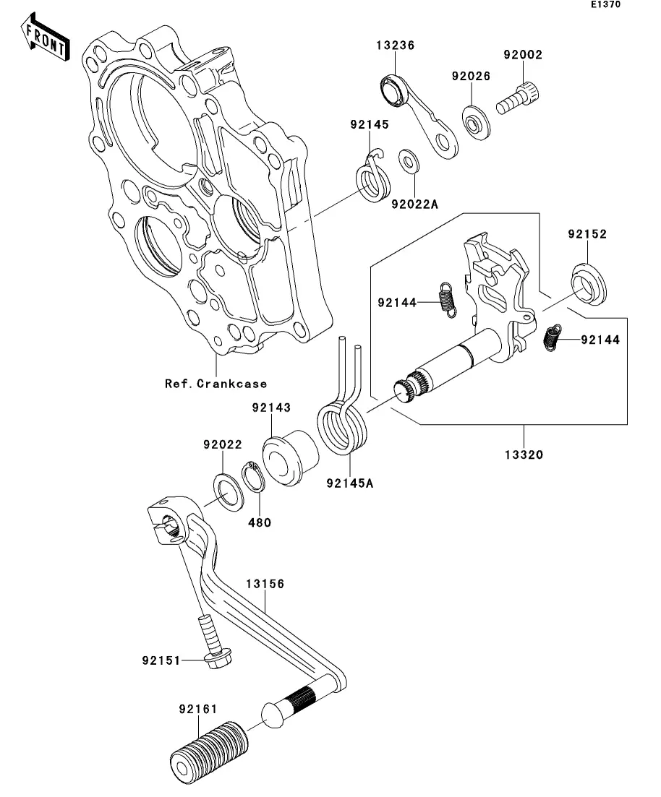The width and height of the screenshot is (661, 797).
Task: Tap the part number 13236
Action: coord(396,46)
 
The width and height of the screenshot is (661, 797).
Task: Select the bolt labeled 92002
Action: coord(518,98)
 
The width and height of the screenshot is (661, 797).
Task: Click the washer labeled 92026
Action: coord(477,123)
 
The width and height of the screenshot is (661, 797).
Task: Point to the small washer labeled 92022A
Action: coord(409,161)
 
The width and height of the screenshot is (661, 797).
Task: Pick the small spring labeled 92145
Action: coord(372,178)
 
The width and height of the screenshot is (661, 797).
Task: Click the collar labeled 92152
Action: coord(589,284)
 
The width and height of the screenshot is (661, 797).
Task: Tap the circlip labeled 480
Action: coord(253,476)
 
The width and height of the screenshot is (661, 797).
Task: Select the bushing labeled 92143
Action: coord(290,457)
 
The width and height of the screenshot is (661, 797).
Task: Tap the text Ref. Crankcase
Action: coord(216,384)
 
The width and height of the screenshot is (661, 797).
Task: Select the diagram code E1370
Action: coord(605,4)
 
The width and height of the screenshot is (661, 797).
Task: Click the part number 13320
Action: coord(524,454)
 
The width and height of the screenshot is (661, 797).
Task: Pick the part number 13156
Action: coord(265,584)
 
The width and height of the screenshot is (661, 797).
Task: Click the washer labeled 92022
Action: coord(228,492)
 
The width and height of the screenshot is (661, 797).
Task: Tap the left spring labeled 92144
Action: coord(447,300)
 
